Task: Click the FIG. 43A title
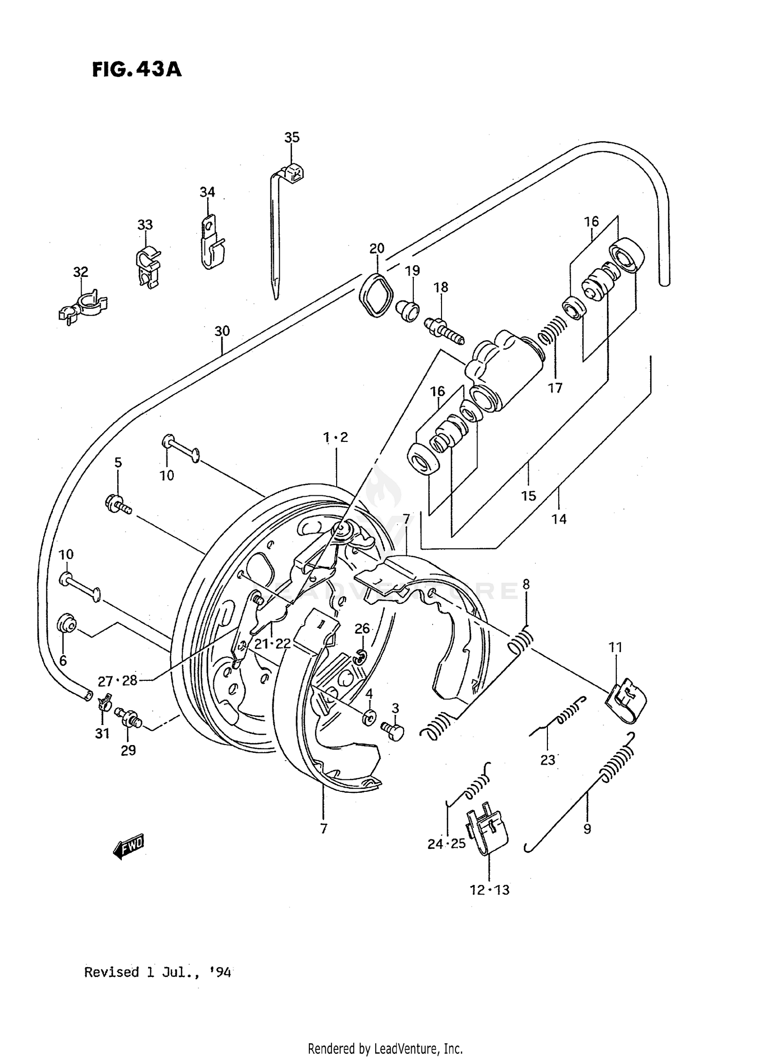click(x=137, y=69)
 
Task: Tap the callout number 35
click(x=291, y=137)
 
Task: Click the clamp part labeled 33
click(x=148, y=266)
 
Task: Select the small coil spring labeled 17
click(x=553, y=331)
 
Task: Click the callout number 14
click(x=559, y=519)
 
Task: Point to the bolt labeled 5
click(x=118, y=504)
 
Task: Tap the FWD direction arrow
click(x=128, y=845)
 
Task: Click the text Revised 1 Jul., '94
click(x=157, y=973)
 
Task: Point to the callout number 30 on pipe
click(x=222, y=331)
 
